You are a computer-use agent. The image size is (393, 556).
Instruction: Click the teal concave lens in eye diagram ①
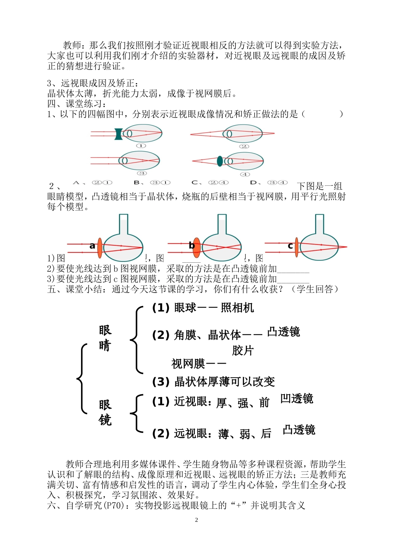pos(119,134)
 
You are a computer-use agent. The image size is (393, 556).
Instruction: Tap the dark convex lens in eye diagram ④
pos(220,161)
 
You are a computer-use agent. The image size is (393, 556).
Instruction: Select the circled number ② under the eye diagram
pos(244,146)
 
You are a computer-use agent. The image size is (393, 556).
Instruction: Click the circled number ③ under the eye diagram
pos(141,173)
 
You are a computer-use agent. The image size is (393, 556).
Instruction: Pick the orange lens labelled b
pos(196,247)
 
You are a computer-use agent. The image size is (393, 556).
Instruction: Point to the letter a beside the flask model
pos(92,246)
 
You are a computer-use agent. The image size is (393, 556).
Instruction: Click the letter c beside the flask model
pos(290,246)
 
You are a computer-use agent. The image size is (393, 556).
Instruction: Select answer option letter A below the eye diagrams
pos(76,182)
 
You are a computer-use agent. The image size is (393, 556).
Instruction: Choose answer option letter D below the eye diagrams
pos(254,182)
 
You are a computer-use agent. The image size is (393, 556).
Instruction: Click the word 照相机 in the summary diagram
pos(237,308)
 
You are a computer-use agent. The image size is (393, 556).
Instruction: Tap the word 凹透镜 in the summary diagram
pos(297,398)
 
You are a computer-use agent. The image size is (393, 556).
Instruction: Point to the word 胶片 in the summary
pos(243,350)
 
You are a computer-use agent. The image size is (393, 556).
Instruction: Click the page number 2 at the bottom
pos(196,520)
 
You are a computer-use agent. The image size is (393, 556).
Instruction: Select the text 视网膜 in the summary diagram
pos(188,364)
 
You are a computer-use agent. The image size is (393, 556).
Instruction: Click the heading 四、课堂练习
pos(77,104)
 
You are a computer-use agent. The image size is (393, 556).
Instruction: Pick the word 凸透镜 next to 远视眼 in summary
pos(299,430)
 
